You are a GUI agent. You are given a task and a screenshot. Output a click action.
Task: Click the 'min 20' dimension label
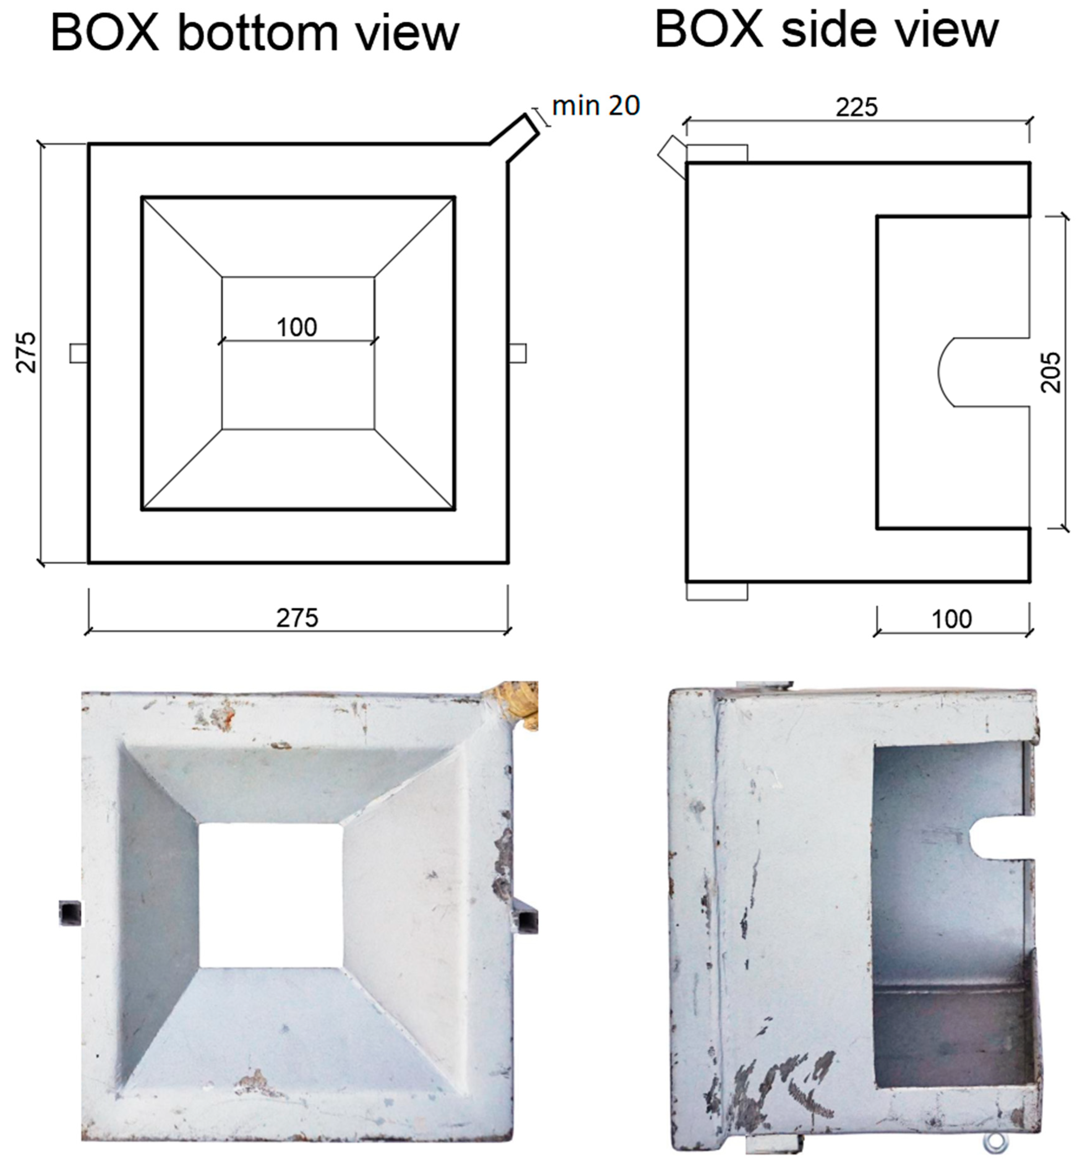596,106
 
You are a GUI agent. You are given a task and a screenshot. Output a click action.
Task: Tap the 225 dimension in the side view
856,108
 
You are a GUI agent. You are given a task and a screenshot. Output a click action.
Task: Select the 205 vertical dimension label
1051,372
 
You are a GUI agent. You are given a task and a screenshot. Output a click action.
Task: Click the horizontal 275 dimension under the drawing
297,618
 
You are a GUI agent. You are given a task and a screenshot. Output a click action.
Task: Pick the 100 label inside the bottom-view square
297,327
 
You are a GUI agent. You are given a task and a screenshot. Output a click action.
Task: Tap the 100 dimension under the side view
952,619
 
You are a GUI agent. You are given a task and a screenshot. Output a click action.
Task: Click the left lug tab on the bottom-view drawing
79,353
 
